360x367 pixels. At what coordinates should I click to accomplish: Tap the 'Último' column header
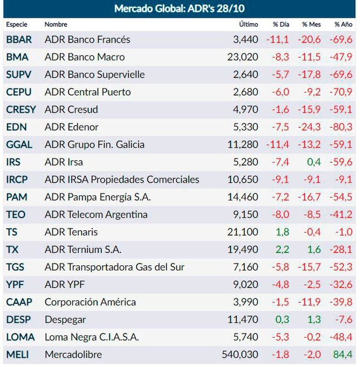[x=248, y=24]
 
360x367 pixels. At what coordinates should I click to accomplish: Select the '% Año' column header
[x=344, y=24]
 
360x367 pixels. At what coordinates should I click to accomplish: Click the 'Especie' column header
[x=17, y=24]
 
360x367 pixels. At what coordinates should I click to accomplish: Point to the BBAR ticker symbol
[x=19, y=39]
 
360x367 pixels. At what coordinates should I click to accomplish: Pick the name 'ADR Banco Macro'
[x=84, y=57]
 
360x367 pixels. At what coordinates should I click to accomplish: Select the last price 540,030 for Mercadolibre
[x=240, y=355]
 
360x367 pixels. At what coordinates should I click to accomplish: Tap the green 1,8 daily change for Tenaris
[x=282, y=232]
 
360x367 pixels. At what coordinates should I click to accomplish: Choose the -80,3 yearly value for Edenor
[x=341, y=127]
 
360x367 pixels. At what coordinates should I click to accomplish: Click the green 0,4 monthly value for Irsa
[x=314, y=162]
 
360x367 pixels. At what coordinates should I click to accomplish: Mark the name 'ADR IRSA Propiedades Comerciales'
[x=122, y=179]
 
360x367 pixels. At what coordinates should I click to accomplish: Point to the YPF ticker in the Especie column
[x=15, y=284]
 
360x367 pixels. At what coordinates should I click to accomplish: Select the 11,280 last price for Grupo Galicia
[x=242, y=144]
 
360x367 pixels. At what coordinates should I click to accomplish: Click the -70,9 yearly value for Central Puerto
[x=341, y=92]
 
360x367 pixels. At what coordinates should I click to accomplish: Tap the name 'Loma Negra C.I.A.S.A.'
[x=92, y=337]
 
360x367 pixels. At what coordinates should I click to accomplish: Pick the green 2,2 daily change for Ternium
[x=282, y=249]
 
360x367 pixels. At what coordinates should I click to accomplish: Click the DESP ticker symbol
[x=18, y=320]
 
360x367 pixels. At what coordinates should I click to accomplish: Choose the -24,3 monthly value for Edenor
[x=310, y=127]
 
